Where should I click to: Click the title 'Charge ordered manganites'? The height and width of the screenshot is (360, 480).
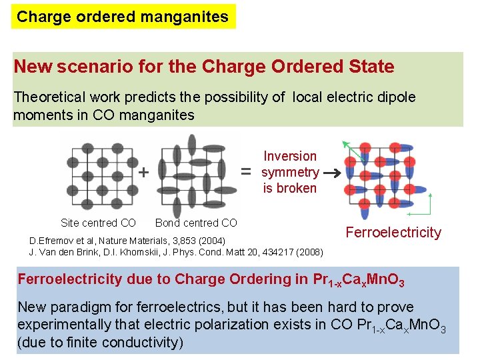[123, 17]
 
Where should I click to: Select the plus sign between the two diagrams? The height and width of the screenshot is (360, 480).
[143, 172]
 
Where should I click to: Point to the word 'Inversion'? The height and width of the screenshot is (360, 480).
[290, 156]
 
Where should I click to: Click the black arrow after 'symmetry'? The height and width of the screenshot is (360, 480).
[331, 172]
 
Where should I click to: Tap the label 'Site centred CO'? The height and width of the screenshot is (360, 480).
[98, 223]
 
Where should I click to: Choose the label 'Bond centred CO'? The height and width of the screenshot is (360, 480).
[196, 223]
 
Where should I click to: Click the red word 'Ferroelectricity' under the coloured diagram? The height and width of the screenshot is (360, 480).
[393, 233]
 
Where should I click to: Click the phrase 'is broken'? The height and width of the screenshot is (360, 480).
[290, 188]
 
